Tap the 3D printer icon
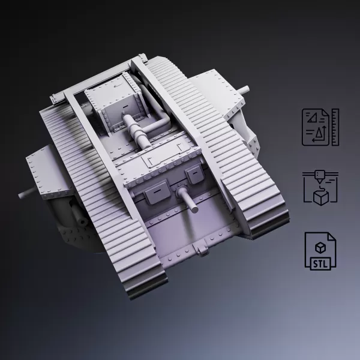coord(320,187)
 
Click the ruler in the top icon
coord(335,127)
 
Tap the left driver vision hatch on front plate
coord(152,190)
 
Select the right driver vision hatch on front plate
coord(194,175)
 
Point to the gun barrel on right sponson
coord(244,90)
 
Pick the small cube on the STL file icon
coord(320,246)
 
